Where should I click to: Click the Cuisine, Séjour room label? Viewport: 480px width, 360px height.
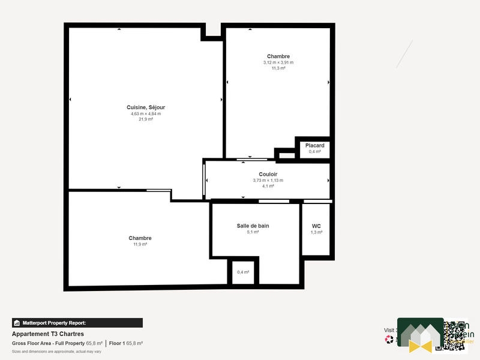click(146, 107)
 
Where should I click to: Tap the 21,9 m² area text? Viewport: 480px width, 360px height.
click(146, 119)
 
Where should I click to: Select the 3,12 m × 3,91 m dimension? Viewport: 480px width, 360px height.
click(278, 62)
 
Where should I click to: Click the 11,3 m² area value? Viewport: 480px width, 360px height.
click(278, 68)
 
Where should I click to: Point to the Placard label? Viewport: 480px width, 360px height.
click(314, 146)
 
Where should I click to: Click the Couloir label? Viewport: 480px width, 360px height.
click(268, 174)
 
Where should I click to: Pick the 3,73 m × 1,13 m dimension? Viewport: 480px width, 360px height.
click(268, 180)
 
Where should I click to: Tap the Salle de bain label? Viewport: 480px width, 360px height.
click(253, 226)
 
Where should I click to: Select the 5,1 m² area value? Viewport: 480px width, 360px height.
click(253, 232)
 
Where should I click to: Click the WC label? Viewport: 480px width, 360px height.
click(316, 226)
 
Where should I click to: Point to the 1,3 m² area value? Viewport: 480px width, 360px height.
click(316, 232)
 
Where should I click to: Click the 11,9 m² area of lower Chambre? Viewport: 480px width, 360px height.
click(140, 244)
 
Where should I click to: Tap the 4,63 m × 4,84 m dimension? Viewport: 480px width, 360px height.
click(146, 113)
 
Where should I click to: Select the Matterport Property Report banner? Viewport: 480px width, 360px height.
click(77, 323)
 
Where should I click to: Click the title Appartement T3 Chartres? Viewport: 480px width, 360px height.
click(48, 334)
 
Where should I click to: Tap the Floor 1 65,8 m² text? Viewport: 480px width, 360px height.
click(125, 343)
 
